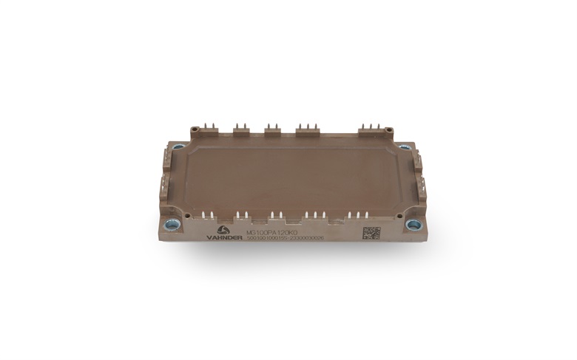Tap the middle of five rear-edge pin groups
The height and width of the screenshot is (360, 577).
(x=273, y=129)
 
